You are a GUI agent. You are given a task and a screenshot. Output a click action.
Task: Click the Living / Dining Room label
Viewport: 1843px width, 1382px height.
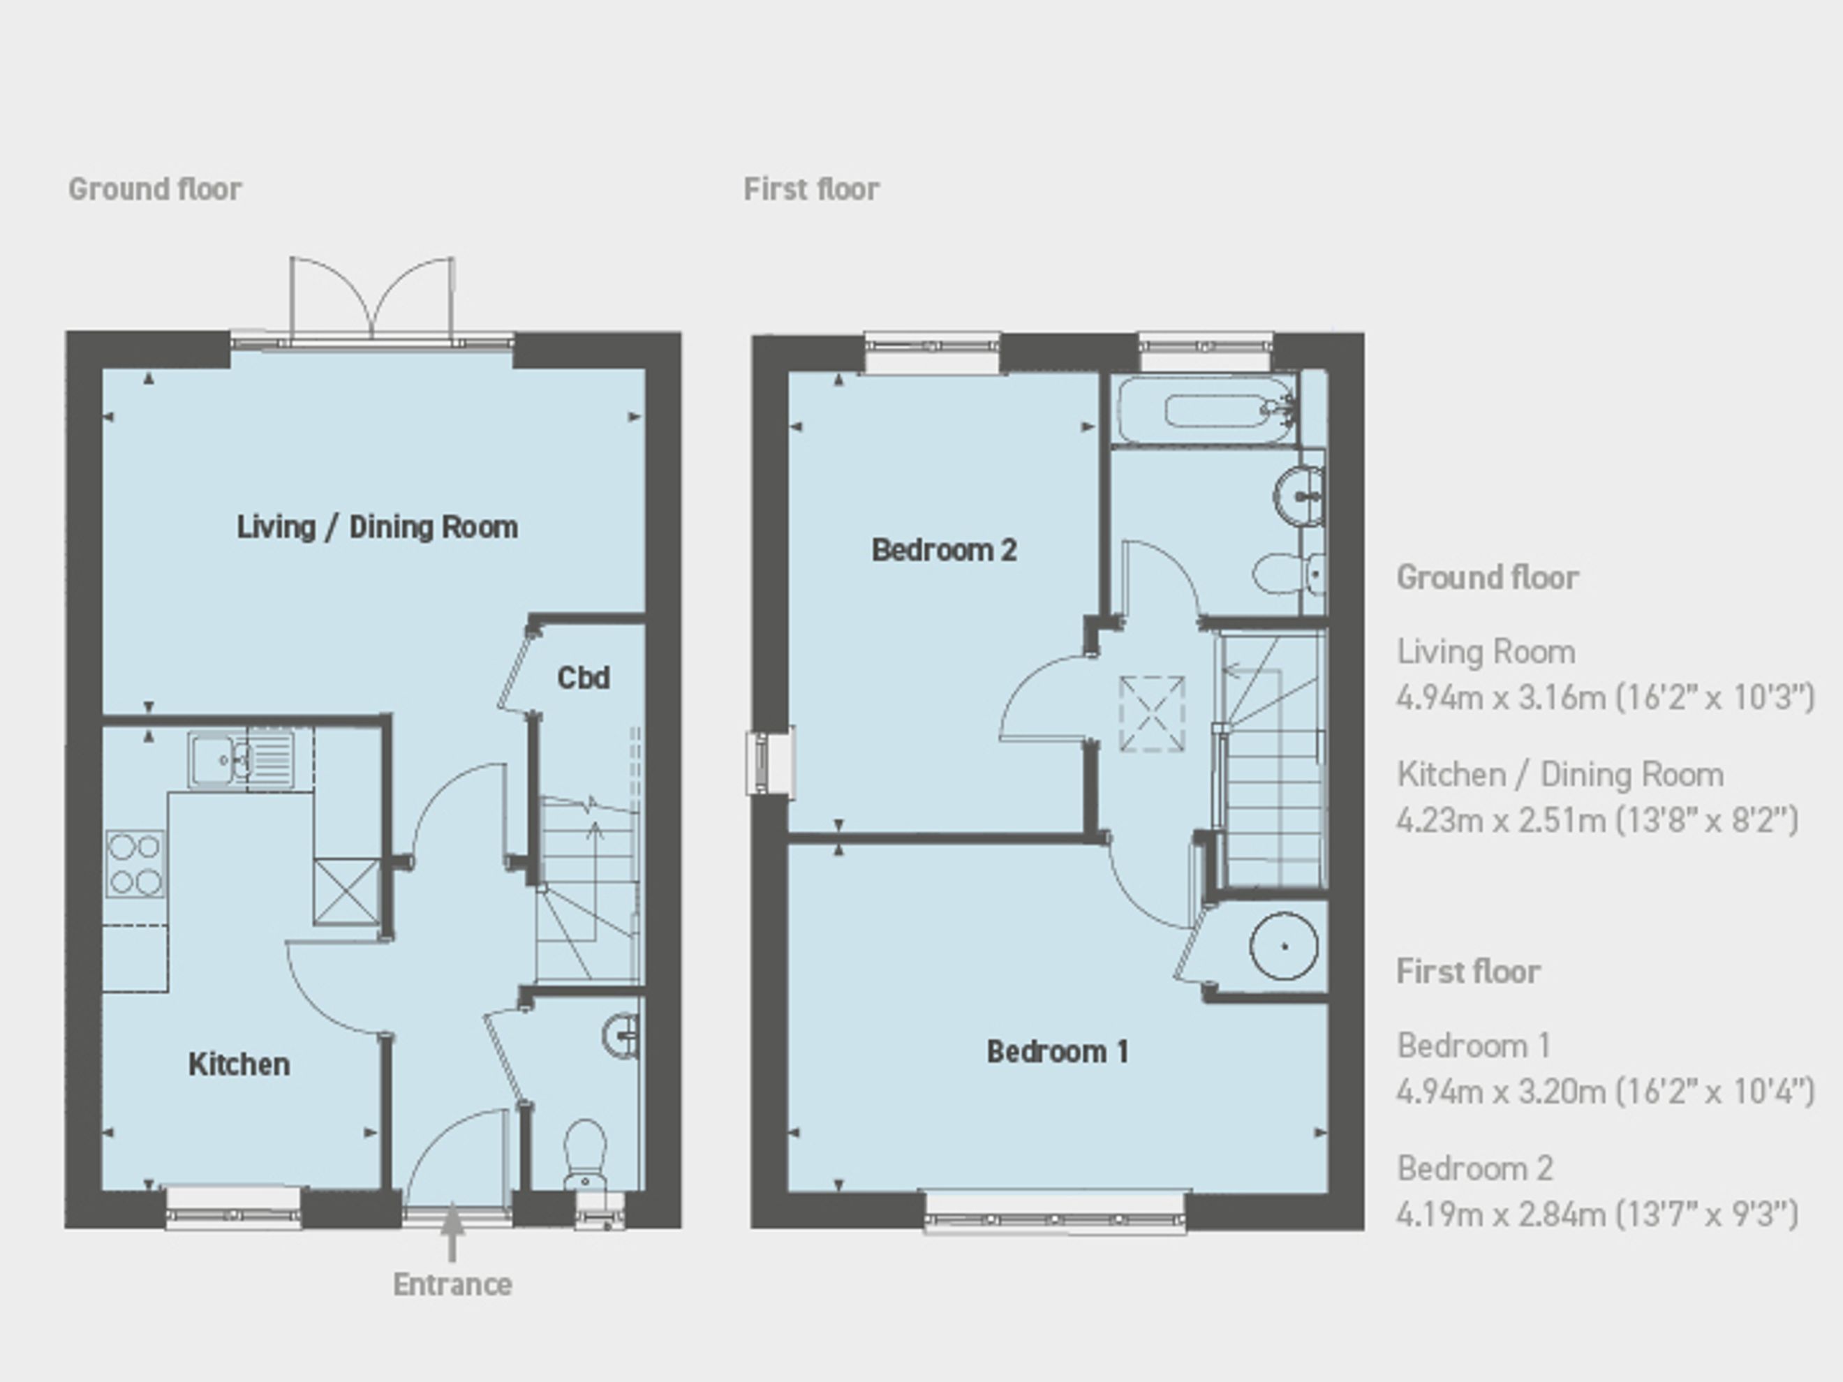coord(378,527)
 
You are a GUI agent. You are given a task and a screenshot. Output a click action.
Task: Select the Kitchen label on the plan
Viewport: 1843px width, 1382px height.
coord(239,1064)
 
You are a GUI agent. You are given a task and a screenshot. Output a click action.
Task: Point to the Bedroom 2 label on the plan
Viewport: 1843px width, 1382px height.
coord(944,550)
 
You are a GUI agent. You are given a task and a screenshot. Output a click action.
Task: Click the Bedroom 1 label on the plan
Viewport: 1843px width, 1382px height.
coord(1058,1051)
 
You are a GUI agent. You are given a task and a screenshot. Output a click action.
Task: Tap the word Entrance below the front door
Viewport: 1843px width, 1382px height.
coord(452,1284)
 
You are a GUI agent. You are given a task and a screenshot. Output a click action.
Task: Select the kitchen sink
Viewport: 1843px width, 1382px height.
coord(241,759)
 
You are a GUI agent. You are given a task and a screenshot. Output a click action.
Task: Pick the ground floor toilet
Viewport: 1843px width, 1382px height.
coord(585,1154)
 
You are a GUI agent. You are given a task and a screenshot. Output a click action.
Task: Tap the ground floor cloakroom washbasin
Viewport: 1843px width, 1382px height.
coord(621,1034)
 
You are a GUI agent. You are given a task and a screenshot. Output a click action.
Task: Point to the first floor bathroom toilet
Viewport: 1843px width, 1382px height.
coord(1288,574)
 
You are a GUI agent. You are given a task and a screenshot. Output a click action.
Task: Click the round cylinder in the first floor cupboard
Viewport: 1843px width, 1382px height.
coord(1284,946)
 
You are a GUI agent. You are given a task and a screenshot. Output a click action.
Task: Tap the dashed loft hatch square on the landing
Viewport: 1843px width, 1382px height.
coord(1153,714)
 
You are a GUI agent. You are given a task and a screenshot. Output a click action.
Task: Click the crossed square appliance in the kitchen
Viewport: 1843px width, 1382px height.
coord(346,891)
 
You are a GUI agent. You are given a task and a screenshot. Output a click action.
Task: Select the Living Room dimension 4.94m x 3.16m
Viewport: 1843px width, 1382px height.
coord(1605,697)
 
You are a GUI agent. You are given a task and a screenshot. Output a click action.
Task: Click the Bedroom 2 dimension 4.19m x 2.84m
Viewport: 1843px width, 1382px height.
coord(1597,1214)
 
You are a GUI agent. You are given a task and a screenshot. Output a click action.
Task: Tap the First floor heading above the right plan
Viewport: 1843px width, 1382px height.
coord(811,189)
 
